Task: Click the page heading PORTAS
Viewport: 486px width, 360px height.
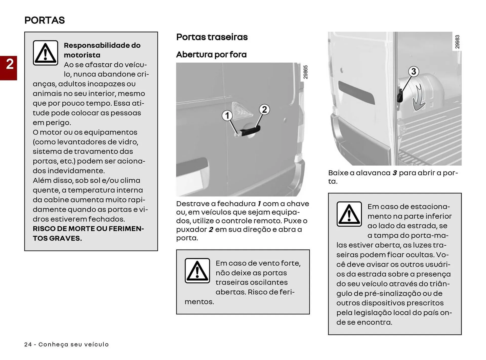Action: point(45,20)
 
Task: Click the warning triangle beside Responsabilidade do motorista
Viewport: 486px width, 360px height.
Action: point(45,53)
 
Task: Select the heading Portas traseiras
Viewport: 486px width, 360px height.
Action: point(212,37)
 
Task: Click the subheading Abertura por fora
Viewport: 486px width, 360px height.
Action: point(211,54)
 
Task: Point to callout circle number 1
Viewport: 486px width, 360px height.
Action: point(227,116)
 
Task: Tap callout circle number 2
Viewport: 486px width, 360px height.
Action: point(264,110)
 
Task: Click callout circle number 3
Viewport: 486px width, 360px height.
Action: point(413,71)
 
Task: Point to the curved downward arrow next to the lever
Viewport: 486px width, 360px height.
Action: point(419,99)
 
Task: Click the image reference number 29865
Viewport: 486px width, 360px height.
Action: point(306,72)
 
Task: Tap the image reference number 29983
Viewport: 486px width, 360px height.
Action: point(457,42)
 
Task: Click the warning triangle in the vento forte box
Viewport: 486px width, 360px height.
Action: point(197,271)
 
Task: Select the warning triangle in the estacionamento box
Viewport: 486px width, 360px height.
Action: point(349,214)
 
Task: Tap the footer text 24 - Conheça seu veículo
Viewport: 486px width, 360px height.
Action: point(66,345)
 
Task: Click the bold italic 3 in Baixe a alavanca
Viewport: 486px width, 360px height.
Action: point(394,173)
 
